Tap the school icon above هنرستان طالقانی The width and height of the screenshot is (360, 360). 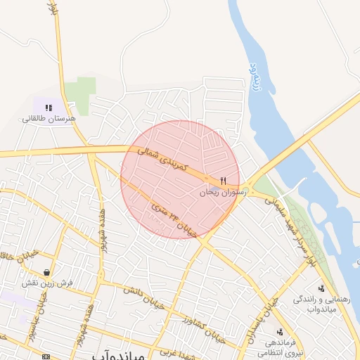click(49, 107)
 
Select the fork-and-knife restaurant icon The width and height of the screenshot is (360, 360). click(223, 181)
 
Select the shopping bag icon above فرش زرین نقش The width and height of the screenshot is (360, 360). click(46, 272)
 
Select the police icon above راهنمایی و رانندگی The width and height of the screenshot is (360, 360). click(321, 288)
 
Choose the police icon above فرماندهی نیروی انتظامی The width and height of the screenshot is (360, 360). click(280, 331)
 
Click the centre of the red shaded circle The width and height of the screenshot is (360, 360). click(180, 179)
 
